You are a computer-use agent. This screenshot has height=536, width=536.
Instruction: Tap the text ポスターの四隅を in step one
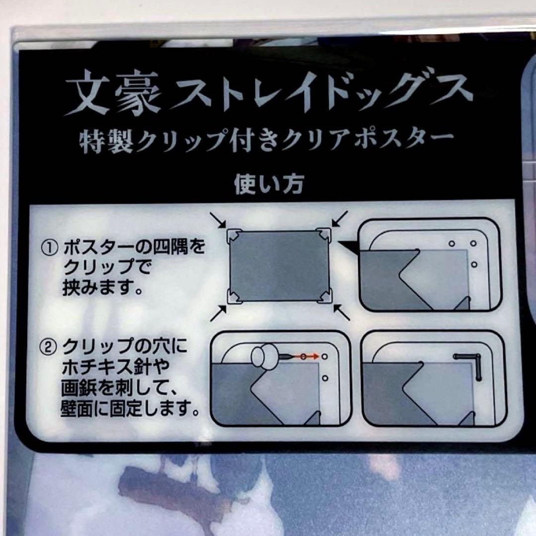click(x=133, y=247)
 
